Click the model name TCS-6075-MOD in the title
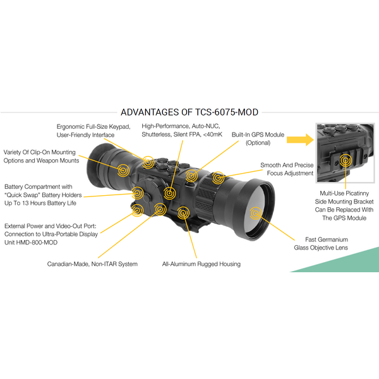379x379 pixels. pyautogui.click(x=227, y=112)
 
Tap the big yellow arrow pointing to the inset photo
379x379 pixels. pyautogui.click(x=300, y=140)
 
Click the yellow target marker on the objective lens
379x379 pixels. pyautogui.click(x=256, y=214)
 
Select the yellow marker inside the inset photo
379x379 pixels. pyautogui.click(x=346, y=160)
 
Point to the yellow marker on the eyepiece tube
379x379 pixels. pyautogui.click(x=123, y=171)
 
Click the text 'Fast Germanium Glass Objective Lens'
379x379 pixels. pyautogui.click(x=321, y=244)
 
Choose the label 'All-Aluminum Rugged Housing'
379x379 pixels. pyautogui.click(x=202, y=264)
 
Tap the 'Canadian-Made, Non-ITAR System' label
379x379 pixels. pyautogui.click(x=92, y=264)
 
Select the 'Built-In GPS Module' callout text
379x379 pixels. pyautogui.click(x=258, y=135)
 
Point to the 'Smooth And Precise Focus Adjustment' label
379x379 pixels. pyautogui.click(x=287, y=169)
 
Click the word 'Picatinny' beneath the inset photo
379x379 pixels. pyautogui.click(x=356, y=193)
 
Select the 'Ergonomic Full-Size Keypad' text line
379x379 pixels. pyautogui.click(x=93, y=127)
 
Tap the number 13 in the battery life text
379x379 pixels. pyautogui.click(x=26, y=203)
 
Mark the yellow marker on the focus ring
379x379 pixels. pyautogui.click(x=218, y=178)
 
